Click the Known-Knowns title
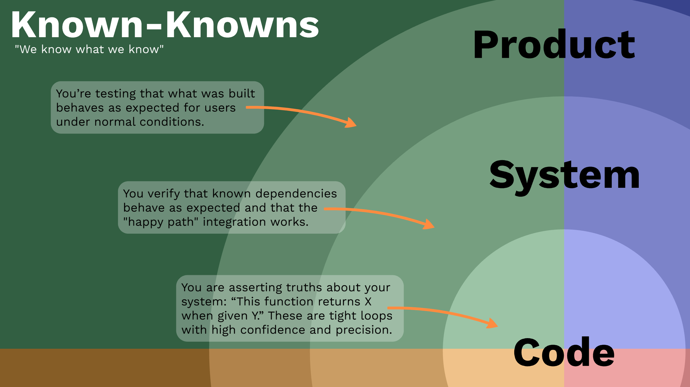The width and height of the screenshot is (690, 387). [x=165, y=25]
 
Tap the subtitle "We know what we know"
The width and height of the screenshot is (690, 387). [x=89, y=49]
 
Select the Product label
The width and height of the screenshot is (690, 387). [x=554, y=45]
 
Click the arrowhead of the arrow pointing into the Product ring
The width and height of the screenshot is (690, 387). [x=351, y=123]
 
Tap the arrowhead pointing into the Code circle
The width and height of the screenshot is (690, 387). [x=492, y=324]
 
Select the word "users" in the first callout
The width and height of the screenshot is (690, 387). [x=220, y=108]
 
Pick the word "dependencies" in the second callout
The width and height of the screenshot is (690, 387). [x=296, y=194]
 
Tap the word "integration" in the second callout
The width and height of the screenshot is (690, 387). [x=234, y=222]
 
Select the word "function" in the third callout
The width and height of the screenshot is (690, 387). [x=289, y=302]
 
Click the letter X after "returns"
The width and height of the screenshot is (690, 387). [x=368, y=302]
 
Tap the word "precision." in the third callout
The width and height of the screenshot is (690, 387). [x=364, y=330]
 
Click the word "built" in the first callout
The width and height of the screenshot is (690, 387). [x=242, y=94]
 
